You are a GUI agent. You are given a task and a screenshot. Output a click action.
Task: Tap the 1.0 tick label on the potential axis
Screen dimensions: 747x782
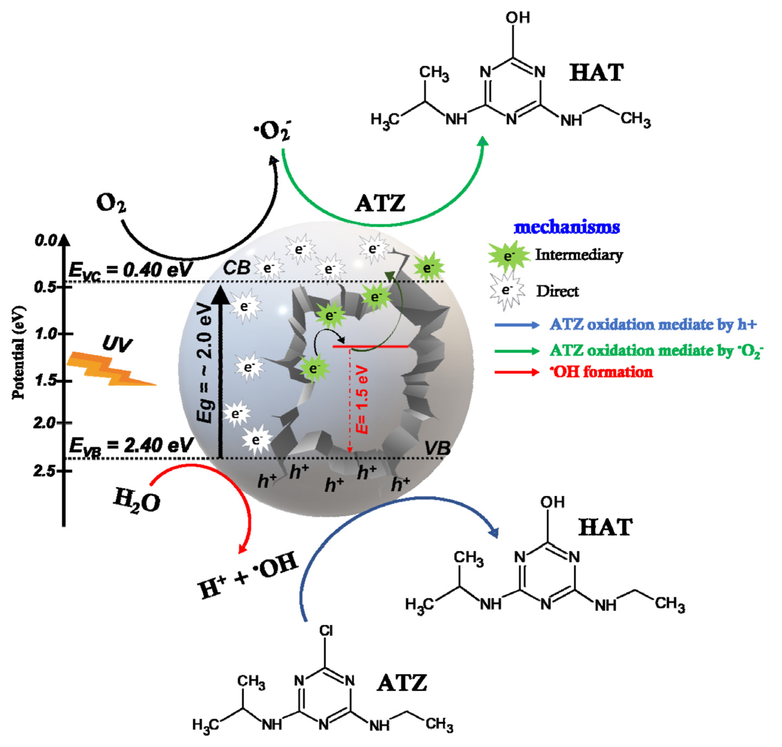pos(47,334)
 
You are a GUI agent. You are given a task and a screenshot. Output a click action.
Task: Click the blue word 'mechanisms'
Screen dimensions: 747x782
pos(567,227)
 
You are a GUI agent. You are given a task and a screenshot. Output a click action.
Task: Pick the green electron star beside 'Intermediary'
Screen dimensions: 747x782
pos(509,256)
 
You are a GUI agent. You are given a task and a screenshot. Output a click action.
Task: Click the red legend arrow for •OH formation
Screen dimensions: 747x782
pos(516,372)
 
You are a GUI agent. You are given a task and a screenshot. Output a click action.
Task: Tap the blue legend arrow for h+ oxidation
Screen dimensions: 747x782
pos(516,325)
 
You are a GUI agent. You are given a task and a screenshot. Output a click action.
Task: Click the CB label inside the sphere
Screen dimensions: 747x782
pos(236,268)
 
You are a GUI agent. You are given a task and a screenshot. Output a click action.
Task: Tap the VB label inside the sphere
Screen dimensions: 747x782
pos(437,448)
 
